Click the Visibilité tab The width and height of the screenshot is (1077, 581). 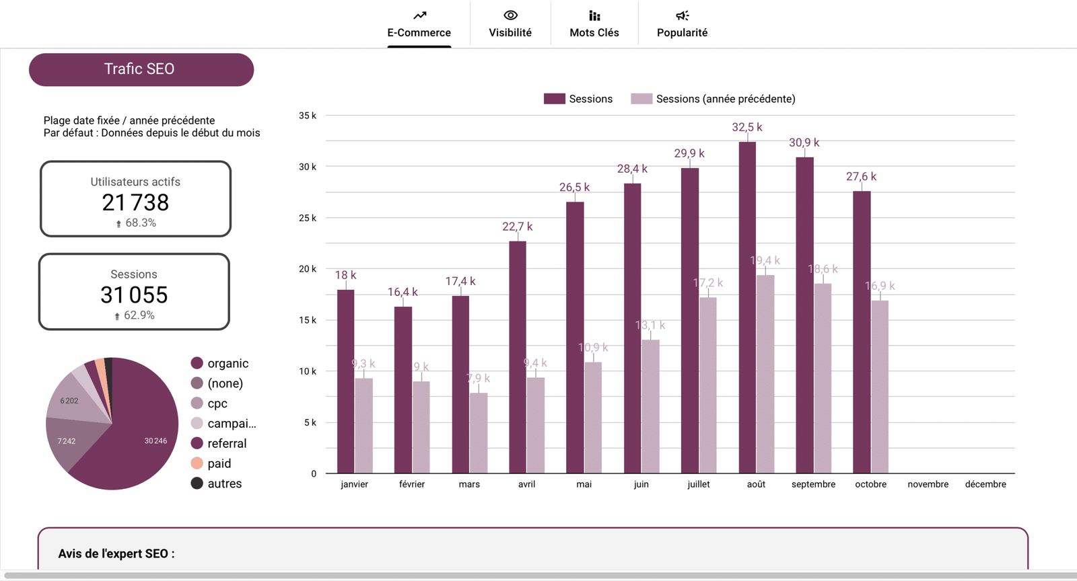coord(510,24)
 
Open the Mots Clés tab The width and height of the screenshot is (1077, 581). coord(594,24)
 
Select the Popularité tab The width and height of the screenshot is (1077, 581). coord(682,24)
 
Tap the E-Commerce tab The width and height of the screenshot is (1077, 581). coord(419,24)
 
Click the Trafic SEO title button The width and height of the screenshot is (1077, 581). coord(141,69)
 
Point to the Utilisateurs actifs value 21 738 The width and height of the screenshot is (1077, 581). coord(135,202)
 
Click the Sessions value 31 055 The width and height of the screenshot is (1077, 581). coord(134,295)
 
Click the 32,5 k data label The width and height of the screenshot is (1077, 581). coord(746,127)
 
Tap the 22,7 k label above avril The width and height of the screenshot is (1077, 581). coord(517,227)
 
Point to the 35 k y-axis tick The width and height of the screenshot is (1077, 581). coord(308,116)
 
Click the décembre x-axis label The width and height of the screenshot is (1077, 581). coord(985,484)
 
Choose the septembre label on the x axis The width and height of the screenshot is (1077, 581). coord(813,484)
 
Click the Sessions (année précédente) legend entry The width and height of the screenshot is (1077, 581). coord(714,99)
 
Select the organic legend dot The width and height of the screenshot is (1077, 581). coord(197,363)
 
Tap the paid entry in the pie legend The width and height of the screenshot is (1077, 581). coord(219,463)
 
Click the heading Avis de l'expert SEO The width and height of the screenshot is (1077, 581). coord(116,553)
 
